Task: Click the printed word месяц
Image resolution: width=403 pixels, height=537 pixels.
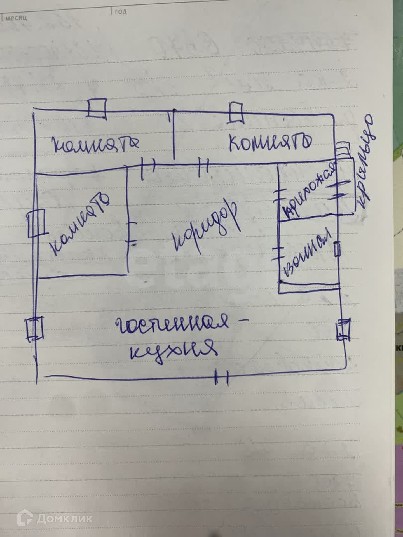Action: click(x=16, y=18)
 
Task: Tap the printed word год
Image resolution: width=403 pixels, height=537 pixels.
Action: click(x=121, y=11)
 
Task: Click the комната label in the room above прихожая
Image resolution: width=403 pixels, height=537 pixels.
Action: click(x=270, y=142)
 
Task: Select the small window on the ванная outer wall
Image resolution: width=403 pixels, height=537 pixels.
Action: click(x=338, y=249)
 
